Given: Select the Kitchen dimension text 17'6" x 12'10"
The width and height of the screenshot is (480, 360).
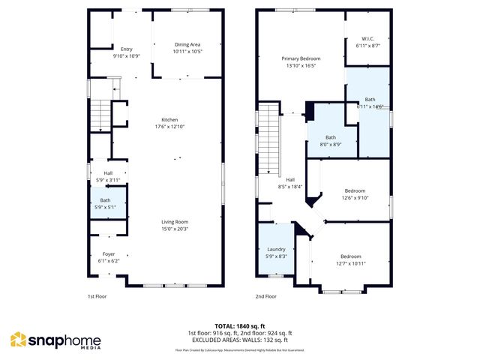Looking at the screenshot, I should click(170, 127).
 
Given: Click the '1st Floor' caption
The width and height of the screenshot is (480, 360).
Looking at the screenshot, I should click(97, 296).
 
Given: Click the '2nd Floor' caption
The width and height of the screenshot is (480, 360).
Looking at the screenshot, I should click(265, 296).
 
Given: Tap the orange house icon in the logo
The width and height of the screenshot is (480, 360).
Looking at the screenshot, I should click(17, 340).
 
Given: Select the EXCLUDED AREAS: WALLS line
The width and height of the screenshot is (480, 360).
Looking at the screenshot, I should click(240, 339).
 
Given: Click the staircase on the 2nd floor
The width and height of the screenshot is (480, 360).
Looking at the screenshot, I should click(268, 139).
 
